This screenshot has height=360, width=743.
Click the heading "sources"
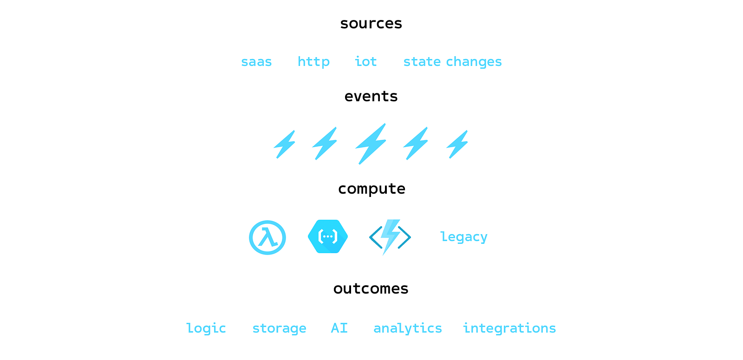(x=371, y=24)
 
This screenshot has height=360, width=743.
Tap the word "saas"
(x=256, y=62)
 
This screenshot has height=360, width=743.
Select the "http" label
(x=313, y=62)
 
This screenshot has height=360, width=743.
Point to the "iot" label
(x=365, y=62)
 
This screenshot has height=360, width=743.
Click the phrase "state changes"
(x=452, y=62)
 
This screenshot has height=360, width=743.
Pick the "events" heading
(x=371, y=97)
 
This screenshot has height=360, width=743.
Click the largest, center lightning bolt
(x=371, y=144)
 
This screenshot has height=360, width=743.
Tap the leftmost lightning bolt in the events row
(x=285, y=144)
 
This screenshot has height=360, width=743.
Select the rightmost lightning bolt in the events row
(x=457, y=144)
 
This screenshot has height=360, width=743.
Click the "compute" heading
(x=371, y=189)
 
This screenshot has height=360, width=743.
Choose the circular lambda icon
(x=267, y=237)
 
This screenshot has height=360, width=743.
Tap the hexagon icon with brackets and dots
(x=328, y=237)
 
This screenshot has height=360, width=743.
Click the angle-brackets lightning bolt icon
(x=390, y=237)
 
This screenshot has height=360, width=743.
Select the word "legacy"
(x=463, y=237)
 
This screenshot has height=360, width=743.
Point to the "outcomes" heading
(x=371, y=289)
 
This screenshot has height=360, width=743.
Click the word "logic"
(x=206, y=328)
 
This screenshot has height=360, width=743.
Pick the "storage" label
(x=279, y=328)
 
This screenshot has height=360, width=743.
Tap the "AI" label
(x=339, y=328)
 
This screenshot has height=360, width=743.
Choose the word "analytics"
(x=408, y=328)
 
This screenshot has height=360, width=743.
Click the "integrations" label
(x=509, y=328)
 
